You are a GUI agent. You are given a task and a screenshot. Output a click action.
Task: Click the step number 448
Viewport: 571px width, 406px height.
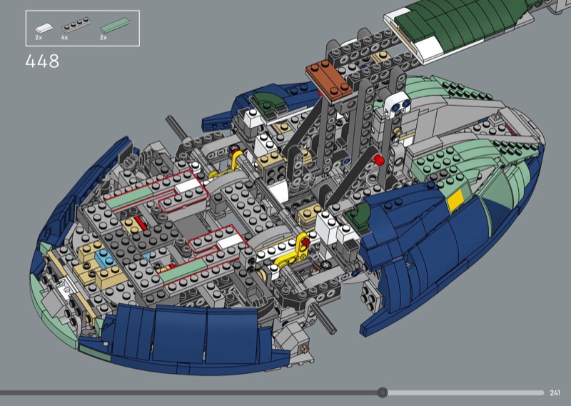42,61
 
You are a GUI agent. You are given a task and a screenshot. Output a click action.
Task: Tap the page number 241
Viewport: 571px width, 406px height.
555,392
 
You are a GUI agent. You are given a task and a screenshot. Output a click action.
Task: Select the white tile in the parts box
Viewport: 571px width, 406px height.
44,27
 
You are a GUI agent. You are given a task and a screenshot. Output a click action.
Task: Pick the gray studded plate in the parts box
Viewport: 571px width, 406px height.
76,25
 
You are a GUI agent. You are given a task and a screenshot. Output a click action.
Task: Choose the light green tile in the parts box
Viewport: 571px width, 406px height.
115,25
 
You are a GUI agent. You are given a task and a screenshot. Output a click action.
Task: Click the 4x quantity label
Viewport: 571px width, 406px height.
65,38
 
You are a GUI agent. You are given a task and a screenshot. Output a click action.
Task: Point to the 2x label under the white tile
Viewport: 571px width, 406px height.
39,38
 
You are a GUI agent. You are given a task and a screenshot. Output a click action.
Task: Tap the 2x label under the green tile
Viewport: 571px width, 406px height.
103,38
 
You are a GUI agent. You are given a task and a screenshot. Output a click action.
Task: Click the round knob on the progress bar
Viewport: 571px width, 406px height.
383,392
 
